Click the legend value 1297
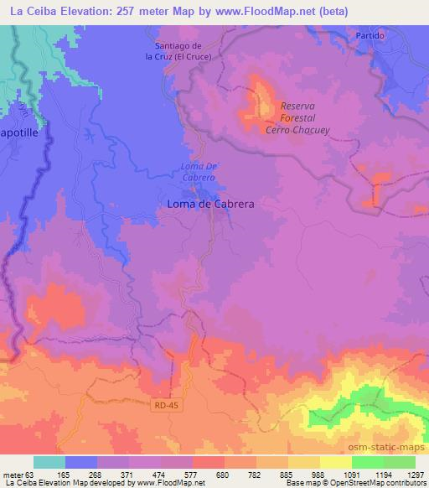pos(416,475)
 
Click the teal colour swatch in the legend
pos(49,462)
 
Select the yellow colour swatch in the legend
pos(335,462)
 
